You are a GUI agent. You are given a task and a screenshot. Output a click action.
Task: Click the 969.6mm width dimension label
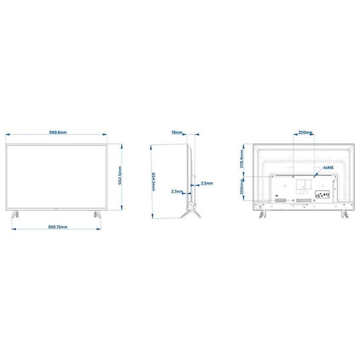tap(58, 132)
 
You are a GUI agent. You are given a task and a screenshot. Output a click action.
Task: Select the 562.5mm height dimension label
tap(120, 176)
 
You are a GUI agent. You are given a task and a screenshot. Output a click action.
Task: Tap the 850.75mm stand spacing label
tap(58, 227)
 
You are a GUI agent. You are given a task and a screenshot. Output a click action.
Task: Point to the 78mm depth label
tap(177, 132)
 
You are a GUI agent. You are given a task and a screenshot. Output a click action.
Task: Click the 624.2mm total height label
tap(154, 182)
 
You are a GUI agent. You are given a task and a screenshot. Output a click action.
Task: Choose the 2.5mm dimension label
tap(207, 183)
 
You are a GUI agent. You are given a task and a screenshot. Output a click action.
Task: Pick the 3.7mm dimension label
tap(177, 191)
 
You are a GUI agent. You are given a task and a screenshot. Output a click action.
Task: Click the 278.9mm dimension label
tap(242, 159)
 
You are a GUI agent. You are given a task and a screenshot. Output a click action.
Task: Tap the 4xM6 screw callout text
tap(328, 168)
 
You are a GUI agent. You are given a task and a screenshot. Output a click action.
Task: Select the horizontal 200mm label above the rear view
tap(305, 132)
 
